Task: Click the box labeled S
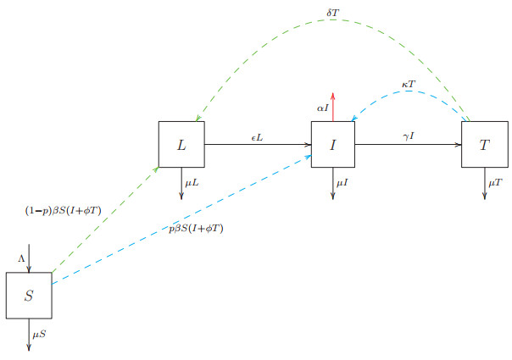[29, 296]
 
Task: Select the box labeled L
[181, 144]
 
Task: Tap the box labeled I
[333, 144]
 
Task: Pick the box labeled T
[484, 144]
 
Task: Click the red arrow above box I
[333, 106]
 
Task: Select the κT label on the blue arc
[409, 85]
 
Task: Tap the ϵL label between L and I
[257, 136]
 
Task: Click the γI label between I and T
[409, 136]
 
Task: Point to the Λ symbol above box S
[21, 258]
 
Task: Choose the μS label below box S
[40, 335]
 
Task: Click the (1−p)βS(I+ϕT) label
[64, 209]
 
